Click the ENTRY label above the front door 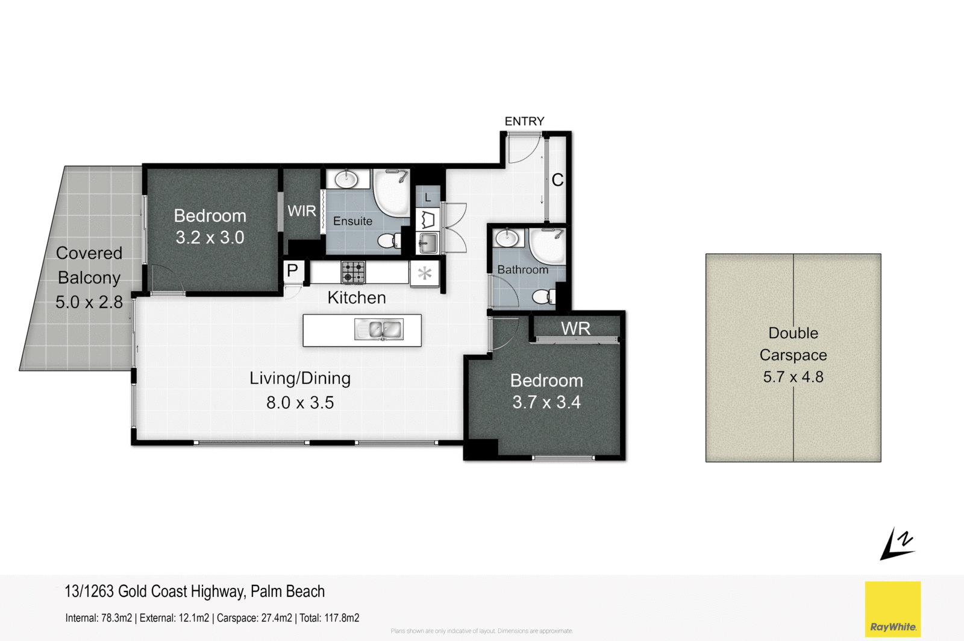tap(524, 121)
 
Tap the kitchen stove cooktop tap(353, 272)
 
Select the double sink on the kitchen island tap(379, 330)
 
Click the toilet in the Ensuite tap(387, 241)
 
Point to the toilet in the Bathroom tap(543, 296)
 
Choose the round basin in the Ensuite tap(346, 179)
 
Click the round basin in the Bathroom tap(507, 238)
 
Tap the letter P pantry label tap(292, 271)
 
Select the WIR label tap(301, 211)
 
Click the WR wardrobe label tap(575, 329)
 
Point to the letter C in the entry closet tap(557, 180)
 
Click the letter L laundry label tap(428, 198)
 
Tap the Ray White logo tap(892, 609)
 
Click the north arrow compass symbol tap(897, 544)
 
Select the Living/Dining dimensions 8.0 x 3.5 tap(300, 402)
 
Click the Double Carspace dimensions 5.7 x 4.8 tap(793, 377)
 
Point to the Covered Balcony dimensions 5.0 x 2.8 tap(89, 302)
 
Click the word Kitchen tap(357, 297)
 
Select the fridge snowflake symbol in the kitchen tap(425, 273)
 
